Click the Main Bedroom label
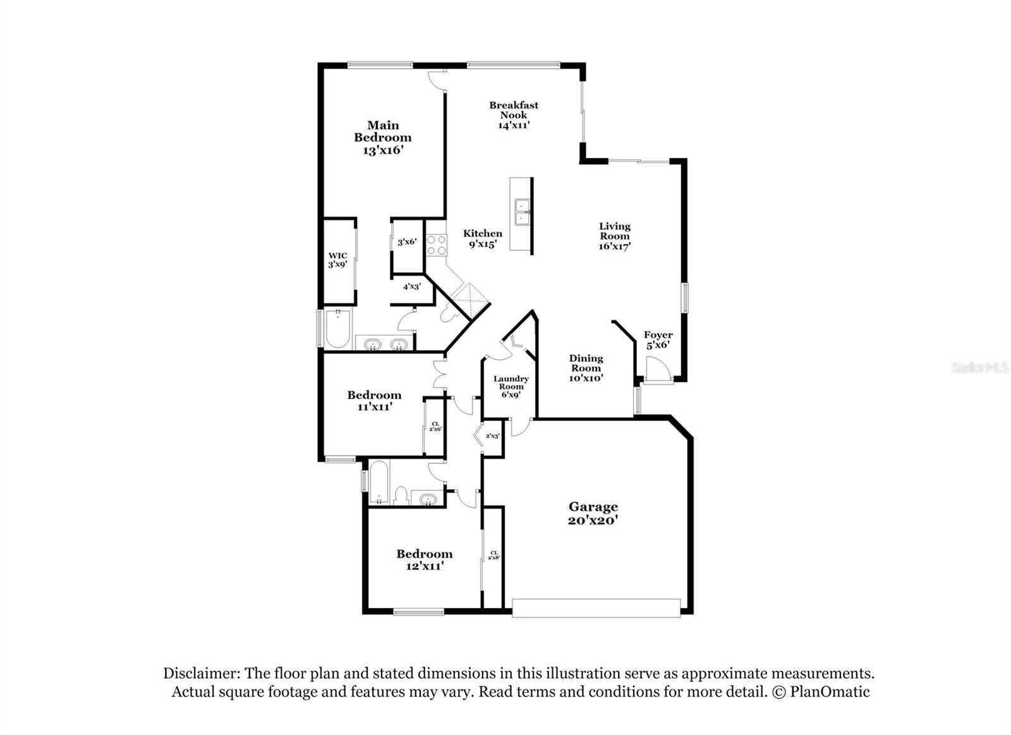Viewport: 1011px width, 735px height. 382,137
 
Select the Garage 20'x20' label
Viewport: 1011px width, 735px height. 593,513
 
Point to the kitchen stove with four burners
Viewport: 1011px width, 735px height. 436,245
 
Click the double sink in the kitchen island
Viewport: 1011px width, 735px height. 522,212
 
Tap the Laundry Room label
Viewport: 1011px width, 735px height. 511,386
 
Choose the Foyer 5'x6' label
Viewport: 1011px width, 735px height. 658,340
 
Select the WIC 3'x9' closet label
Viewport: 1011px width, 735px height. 337,260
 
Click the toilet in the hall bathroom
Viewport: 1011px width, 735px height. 401,495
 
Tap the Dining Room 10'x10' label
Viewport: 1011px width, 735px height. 586,368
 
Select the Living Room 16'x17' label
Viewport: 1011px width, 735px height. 614,236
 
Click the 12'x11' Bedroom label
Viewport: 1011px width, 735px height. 424,560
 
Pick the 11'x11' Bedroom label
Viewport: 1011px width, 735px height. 374,401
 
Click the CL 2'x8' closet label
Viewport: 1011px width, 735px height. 493,555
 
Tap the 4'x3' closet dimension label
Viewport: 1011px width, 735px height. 412,286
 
